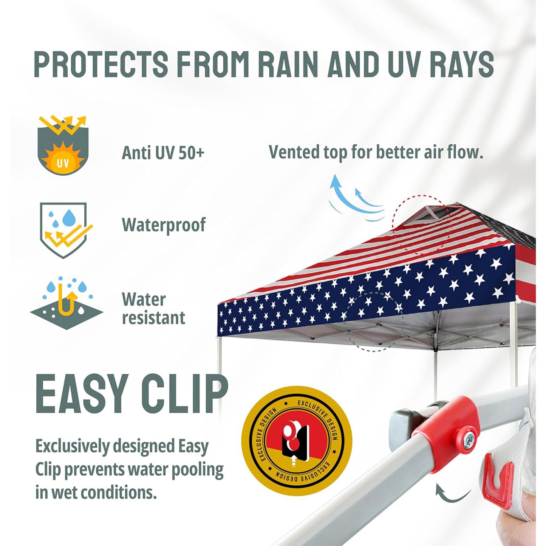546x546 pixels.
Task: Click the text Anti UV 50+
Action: (x=163, y=153)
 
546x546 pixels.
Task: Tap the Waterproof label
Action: (x=164, y=225)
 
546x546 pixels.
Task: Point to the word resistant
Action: (x=153, y=318)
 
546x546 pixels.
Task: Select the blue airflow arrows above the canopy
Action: (x=353, y=198)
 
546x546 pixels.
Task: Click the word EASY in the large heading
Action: (x=81, y=395)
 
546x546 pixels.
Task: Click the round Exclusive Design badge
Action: (x=297, y=441)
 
